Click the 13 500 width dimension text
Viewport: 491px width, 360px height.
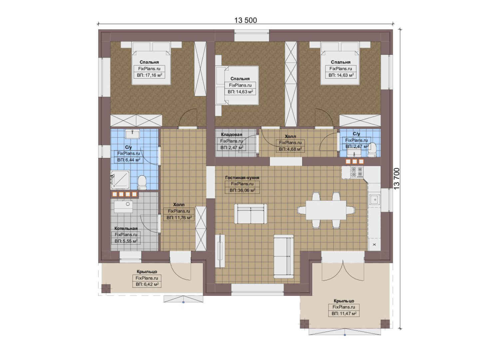coord(245,20)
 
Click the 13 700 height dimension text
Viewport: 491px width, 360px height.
coord(397,179)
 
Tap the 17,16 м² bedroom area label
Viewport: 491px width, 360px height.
coord(150,75)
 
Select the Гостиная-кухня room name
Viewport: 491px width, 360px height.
coord(242,177)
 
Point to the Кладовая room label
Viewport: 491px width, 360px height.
coord(232,134)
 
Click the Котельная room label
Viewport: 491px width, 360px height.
coord(126,228)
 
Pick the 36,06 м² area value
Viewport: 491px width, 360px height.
coord(242,190)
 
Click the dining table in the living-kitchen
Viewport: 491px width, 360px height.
coord(326,210)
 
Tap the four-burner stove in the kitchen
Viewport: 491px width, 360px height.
coord(357,172)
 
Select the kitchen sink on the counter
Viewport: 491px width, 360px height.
coord(375,199)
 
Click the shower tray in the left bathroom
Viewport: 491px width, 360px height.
coord(120,180)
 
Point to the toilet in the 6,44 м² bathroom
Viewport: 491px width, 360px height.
coord(142,182)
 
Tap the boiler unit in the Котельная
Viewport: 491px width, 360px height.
coord(123,206)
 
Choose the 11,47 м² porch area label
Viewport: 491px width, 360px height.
coord(344,313)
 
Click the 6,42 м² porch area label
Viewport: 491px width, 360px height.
coord(147,284)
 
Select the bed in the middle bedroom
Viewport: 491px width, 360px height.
coord(237,85)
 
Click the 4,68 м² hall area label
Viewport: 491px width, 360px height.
coord(290,149)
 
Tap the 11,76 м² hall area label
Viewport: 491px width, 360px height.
coord(179,218)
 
